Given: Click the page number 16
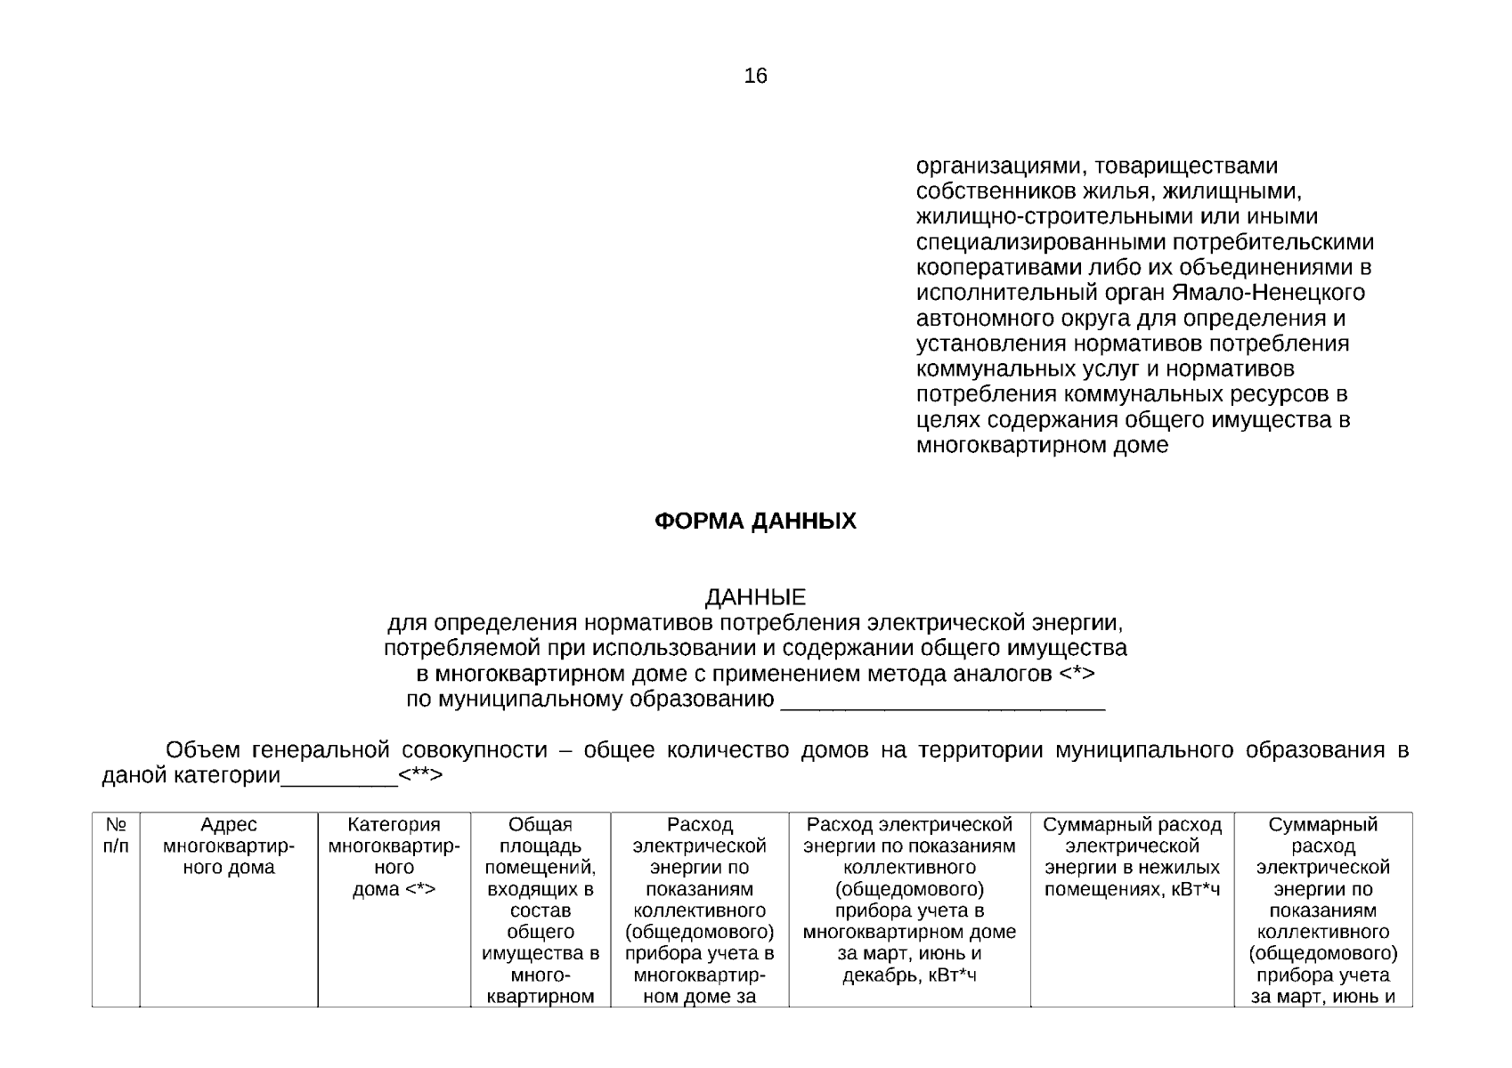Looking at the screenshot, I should [x=755, y=77].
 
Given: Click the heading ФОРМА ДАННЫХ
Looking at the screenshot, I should [x=755, y=522].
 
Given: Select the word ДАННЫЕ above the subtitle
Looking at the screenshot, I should [x=755, y=596].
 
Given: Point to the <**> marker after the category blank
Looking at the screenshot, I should [x=420, y=776].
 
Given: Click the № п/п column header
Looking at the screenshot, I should [x=116, y=836].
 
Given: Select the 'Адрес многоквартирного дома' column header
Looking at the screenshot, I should [x=229, y=846].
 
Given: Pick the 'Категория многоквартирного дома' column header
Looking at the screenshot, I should [x=394, y=857].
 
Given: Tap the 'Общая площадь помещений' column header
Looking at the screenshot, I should [x=540, y=908].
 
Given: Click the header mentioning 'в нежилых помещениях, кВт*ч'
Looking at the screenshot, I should [x=1132, y=857].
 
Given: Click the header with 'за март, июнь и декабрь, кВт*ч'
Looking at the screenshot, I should [x=909, y=900].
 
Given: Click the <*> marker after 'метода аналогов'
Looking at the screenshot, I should [x=1077, y=674].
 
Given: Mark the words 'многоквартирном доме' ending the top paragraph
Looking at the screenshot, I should [x=1042, y=446].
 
